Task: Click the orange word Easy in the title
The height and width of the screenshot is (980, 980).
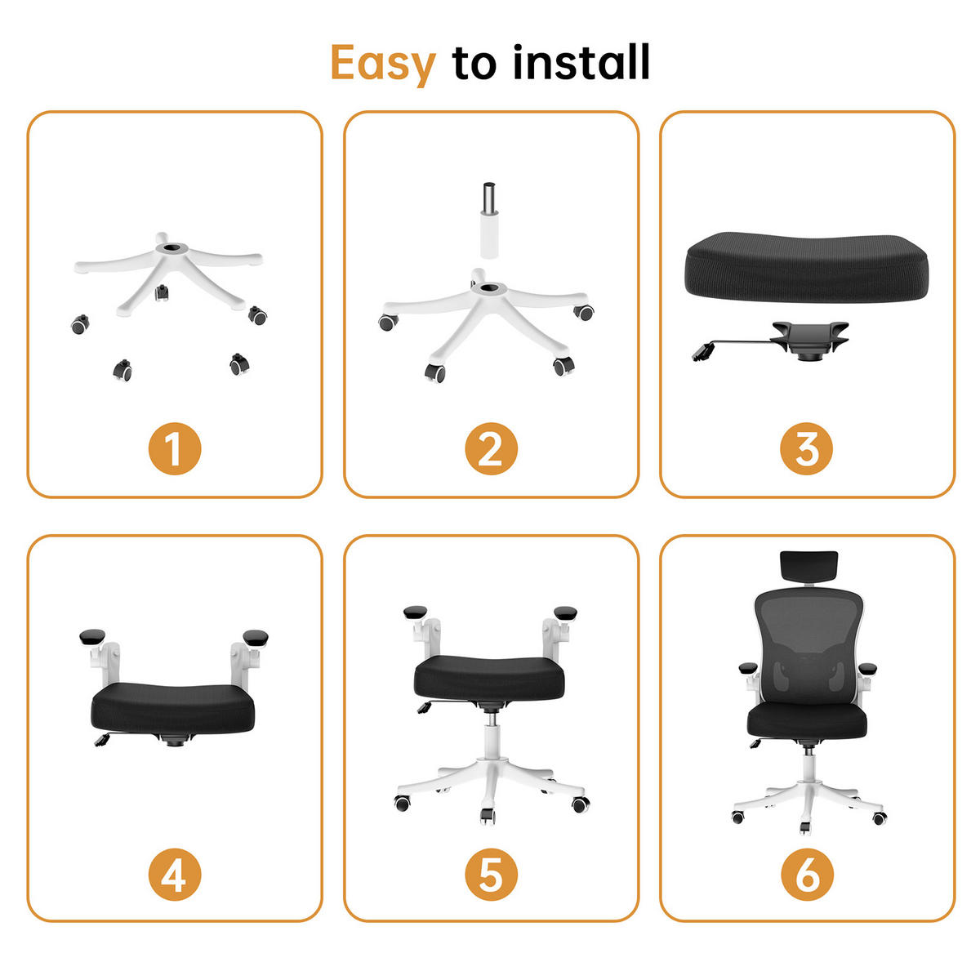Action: [382, 65]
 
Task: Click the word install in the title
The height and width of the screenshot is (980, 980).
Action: [581, 63]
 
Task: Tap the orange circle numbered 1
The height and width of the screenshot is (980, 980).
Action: [174, 448]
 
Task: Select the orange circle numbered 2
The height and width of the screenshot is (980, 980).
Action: [490, 448]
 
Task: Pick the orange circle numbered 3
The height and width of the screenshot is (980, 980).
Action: [806, 448]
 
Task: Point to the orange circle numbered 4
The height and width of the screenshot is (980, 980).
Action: [174, 875]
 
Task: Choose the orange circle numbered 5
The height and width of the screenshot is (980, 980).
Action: [490, 875]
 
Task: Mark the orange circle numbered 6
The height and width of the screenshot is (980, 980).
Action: [806, 875]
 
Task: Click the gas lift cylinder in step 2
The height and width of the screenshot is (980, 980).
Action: [489, 220]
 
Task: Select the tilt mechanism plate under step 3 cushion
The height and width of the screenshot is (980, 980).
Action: [808, 336]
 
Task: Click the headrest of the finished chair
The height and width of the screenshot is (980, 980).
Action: [808, 566]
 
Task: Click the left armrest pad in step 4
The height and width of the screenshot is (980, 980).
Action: [92, 636]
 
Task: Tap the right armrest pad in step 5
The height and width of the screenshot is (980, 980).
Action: [564, 612]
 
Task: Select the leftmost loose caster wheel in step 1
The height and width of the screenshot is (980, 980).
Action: [79, 325]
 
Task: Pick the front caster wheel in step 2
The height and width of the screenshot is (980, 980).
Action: [436, 372]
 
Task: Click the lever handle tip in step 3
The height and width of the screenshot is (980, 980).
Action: [702, 354]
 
